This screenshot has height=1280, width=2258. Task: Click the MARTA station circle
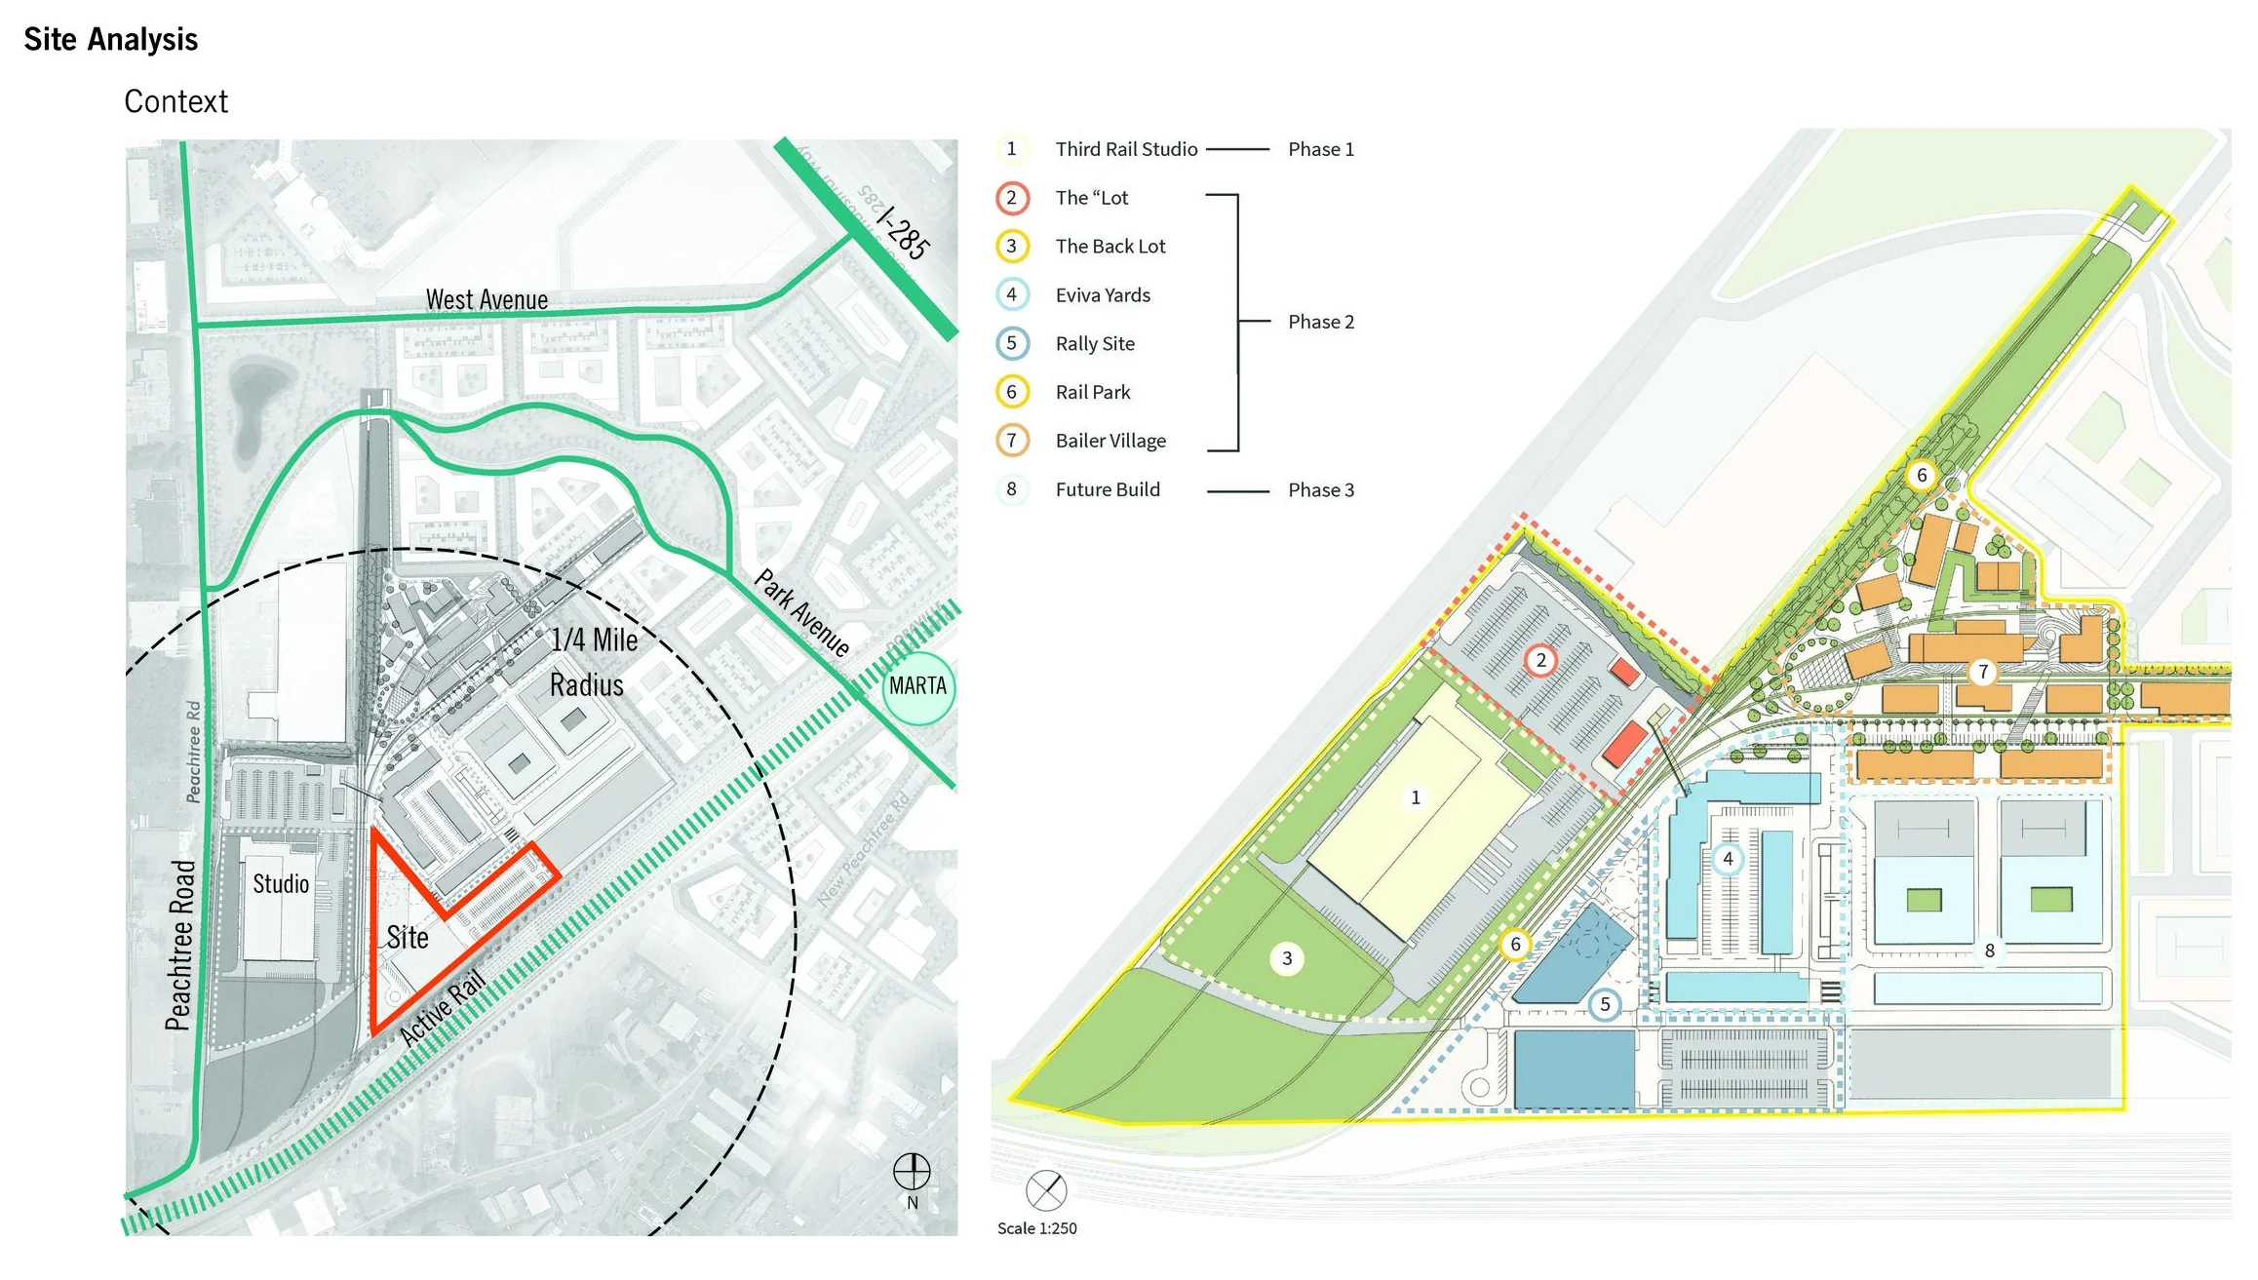coord(917,686)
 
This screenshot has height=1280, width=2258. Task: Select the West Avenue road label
coord(487,299)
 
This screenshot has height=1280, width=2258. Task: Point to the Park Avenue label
coord(802,613)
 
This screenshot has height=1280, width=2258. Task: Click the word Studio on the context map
coord(281,883)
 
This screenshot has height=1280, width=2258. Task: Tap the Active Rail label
coord(443,1008)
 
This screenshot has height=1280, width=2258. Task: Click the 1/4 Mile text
coord(594,640)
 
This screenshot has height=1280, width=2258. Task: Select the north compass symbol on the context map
coord(912,1172)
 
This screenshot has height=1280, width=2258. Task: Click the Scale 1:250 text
coord(1036,1228)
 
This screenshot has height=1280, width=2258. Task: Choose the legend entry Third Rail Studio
coord(1126,149)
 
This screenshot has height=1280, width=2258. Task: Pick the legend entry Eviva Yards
coord(1103,295)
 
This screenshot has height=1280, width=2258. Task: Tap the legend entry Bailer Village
coord(1110,441)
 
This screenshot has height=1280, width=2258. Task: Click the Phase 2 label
coord(1321,322)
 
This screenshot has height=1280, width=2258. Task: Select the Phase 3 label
coord(1321,490)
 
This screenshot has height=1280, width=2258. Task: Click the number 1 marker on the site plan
coord(1416,797)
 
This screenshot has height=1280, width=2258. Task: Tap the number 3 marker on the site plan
coord(1287,958)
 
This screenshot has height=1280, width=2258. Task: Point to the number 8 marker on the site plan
coord(1990,950)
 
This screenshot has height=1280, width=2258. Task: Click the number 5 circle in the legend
coord(1012,343)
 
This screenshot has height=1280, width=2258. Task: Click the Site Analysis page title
coord(111,39)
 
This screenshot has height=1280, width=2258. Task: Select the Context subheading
coord(175,101)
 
